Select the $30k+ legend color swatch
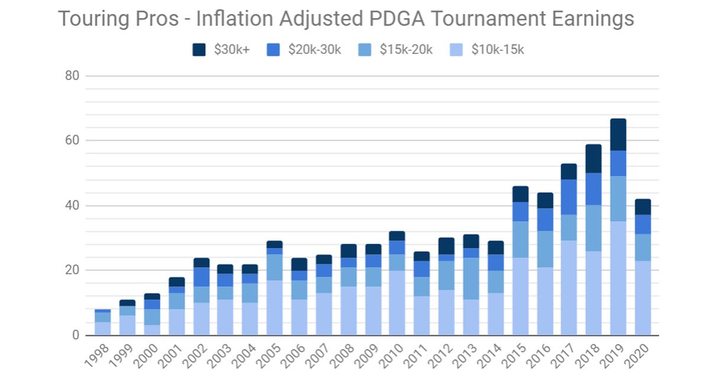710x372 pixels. (199, 50)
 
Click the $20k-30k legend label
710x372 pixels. (314, 50)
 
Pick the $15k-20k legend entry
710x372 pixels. (406, 50)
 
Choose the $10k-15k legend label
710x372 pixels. (498, 50)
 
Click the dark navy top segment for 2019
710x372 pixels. (618, 134)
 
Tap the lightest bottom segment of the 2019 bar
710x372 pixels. (618, 278)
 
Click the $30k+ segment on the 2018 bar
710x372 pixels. (593, 159)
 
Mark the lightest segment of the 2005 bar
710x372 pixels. (275, 307)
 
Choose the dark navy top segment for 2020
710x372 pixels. (643, 207)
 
